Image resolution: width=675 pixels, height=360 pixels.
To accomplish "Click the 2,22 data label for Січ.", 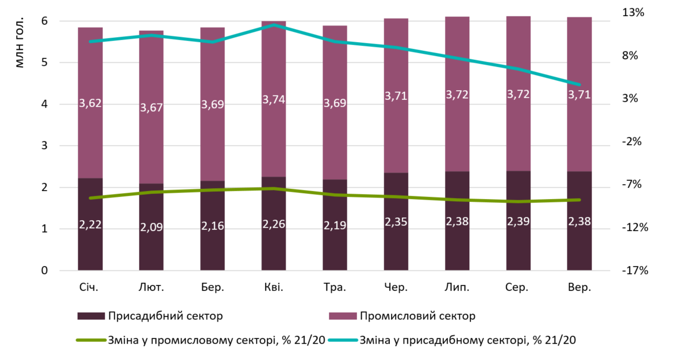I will tap(90, 225).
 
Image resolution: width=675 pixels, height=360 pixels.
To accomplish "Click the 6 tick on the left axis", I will tap(45, 21).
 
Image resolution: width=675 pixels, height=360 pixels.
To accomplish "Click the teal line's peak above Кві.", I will tap(273, 25).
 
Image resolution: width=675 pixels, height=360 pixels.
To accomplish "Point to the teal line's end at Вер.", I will tap(579, 85).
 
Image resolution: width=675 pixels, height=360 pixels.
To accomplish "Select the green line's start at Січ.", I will tap(90, 198).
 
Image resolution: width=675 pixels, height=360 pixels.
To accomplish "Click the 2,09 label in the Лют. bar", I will tap(151, 227).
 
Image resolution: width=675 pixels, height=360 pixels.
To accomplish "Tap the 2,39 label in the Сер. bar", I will tap(518, 221).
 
